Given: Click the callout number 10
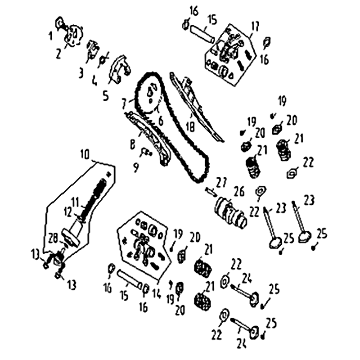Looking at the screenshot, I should point(85,154).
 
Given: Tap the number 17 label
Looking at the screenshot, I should point(255,27).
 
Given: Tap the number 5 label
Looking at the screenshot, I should point(105,96).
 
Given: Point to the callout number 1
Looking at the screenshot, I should point(51,35).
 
